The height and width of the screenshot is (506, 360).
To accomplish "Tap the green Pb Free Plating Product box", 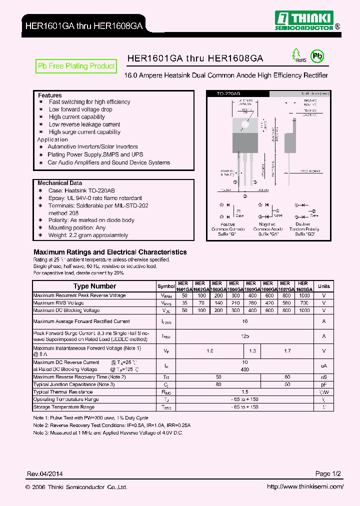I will (x=76, y=66).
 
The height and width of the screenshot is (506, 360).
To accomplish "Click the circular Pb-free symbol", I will (x=317, y=55).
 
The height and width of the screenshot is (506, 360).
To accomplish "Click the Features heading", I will (x=50, y=95).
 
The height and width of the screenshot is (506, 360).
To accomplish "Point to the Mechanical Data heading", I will (x=59, y=183).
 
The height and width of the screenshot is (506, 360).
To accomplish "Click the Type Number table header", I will (x=94, y=286).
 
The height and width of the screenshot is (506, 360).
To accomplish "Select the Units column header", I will (x=324, y=286).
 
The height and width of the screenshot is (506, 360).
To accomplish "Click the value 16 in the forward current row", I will (x=245, y=322).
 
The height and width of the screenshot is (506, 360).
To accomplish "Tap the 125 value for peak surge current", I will (x=245, y=336).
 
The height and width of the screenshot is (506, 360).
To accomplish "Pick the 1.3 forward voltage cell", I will (x=252, y=351).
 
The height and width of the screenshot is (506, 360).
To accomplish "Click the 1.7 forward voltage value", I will (x=287, y=351).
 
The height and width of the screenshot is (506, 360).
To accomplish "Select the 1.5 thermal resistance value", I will (x=245, y=392).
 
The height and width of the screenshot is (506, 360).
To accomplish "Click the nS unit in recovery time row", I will (x=324, y=377).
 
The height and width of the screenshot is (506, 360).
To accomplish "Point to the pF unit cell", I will (x=324, y=384).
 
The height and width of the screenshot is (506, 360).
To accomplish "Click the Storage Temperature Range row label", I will (x=63, y=407).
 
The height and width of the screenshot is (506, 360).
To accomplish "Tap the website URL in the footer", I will (x=304, y=486).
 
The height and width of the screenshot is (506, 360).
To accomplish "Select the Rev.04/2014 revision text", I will (x=44, y=473).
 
